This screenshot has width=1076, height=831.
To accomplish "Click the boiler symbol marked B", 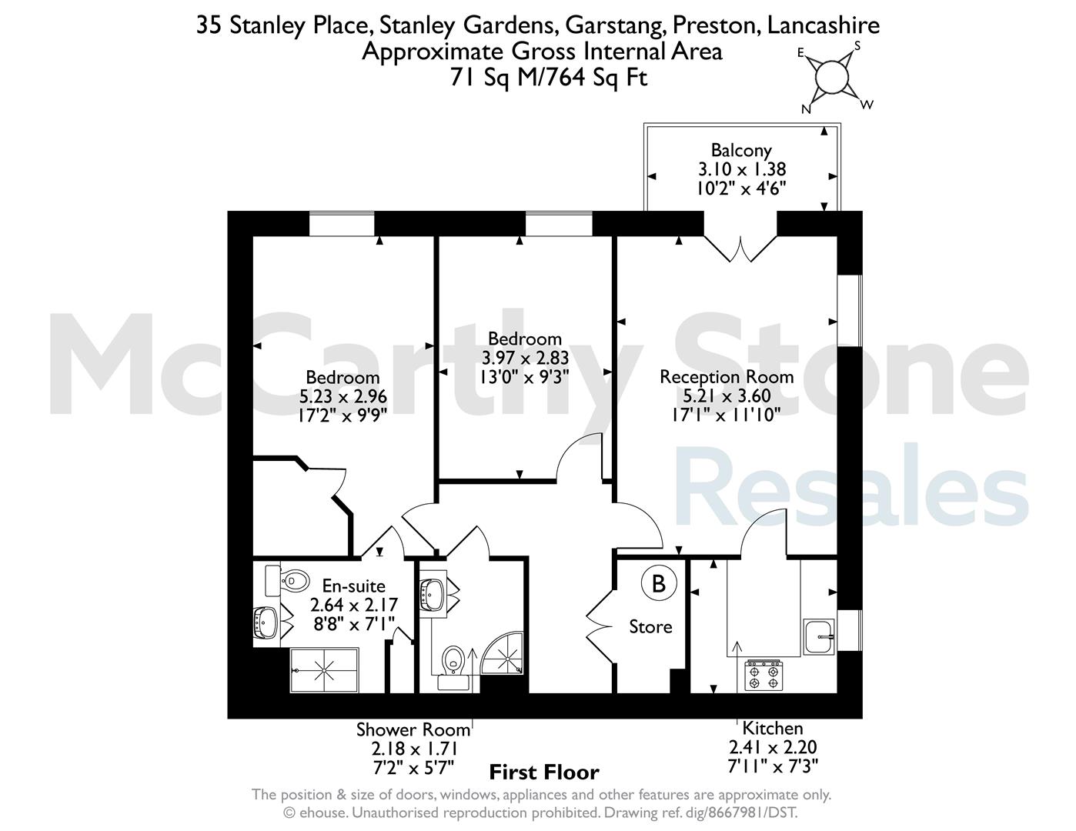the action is pos(659,583).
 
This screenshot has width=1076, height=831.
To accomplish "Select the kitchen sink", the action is pos(819,636).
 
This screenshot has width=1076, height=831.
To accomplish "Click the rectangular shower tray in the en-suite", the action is pos(324,670).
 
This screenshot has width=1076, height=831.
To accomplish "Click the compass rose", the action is pos(832,78).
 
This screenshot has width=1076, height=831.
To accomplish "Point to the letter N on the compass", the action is pos(806,109).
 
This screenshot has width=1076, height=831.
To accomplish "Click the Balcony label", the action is pos(740,151).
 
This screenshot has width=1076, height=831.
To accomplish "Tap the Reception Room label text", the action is pos(727,377).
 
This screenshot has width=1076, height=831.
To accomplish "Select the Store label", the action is pos(650,627).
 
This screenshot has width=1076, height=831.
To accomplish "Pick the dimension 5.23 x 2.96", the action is pos(343,396).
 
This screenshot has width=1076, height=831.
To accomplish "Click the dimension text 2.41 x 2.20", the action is pos(773,747).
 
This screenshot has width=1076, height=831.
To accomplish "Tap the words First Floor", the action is pos(544,773).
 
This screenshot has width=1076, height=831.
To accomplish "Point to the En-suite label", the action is pos(353,586).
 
